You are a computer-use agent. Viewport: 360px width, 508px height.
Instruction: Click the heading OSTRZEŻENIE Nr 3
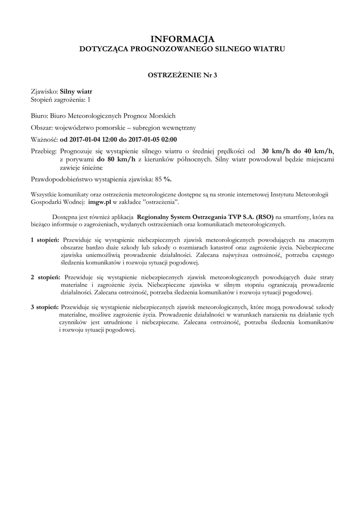coord(182,75)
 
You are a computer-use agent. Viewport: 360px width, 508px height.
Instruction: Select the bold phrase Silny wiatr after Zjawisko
coord(76,92)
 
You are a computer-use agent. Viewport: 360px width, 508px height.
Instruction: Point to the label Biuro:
coord(39,116)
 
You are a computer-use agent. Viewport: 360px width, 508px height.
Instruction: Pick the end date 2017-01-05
coord(146,139)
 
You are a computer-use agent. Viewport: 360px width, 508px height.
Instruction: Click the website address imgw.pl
coord(99,203)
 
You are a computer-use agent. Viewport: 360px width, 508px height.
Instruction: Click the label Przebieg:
coord(44,151)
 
